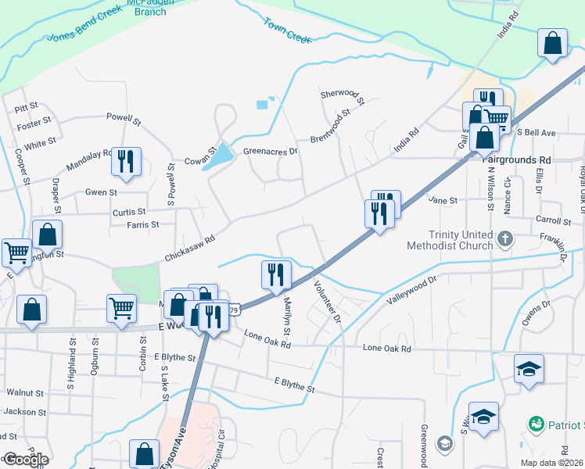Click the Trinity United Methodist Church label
click(x=449, y=240)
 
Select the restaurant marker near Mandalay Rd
click(x=126, y=161)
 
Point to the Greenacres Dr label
click(x=271, y=152)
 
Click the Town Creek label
click(x=287, y=30)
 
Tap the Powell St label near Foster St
click(x=124, y=119)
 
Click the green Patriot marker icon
click(x=536, y=424)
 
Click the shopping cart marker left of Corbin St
click(x=121, y=308)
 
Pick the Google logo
click(x=25, y=460)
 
